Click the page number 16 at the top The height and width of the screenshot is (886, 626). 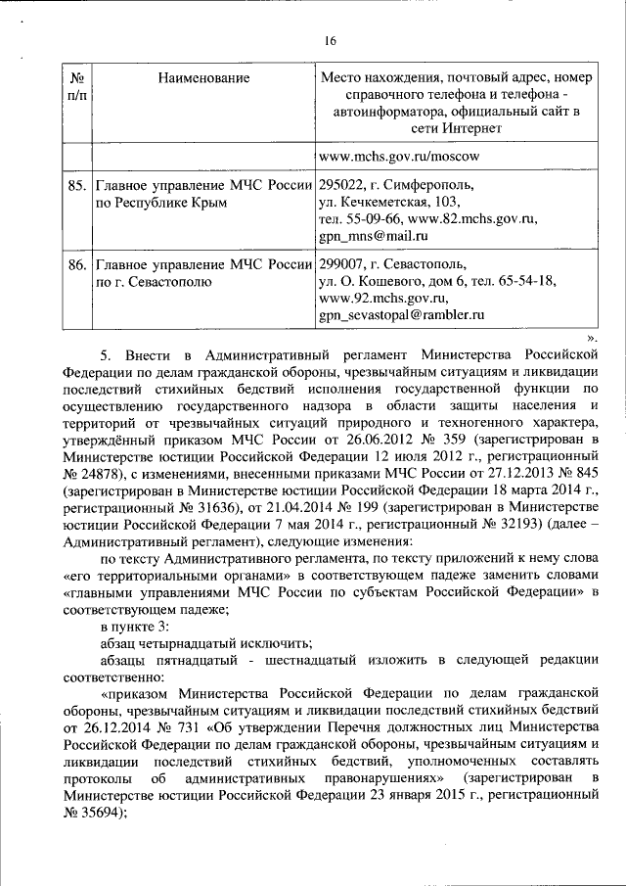330,40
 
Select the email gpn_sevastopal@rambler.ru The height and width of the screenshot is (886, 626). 402,316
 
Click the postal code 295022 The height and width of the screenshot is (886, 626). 342,184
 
